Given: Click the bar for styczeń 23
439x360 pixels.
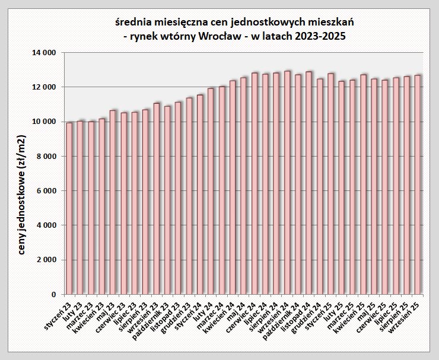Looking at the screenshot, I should [69, 208].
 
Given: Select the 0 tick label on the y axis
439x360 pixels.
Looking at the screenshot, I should [53, 294].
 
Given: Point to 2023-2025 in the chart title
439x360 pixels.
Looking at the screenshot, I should [323, 37].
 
